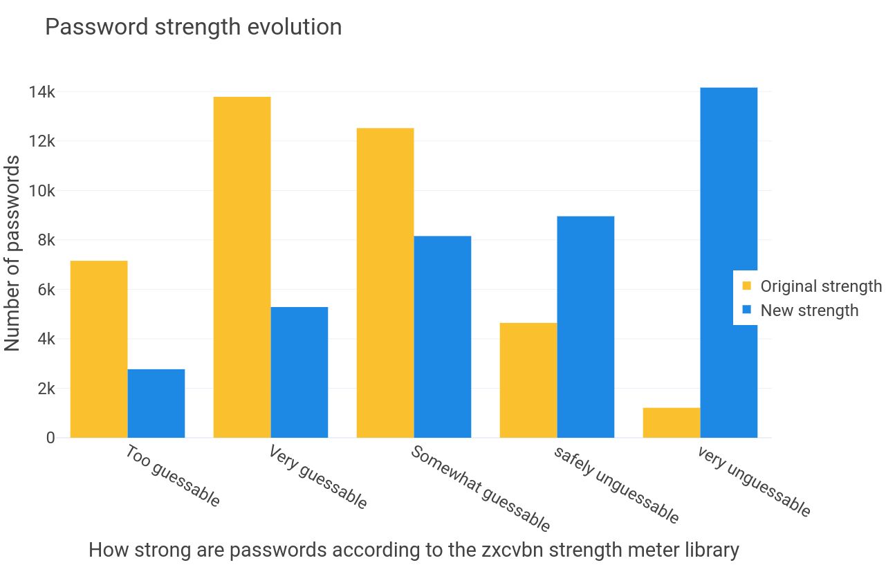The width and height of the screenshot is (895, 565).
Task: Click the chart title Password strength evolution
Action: point(193,27)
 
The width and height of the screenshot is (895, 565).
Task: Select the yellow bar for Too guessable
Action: point(99,349)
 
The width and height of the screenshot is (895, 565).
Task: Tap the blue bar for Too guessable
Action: point(156,403)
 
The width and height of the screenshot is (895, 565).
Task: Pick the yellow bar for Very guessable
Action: point(242,267)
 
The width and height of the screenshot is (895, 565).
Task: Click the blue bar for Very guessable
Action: point(299,372)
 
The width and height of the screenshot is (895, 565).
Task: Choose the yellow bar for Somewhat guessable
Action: point(385,283)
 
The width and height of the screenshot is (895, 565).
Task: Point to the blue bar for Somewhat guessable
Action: point(443,337)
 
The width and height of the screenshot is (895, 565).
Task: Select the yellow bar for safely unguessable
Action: point(528,380)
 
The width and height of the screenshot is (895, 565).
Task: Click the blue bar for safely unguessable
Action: point(586,327)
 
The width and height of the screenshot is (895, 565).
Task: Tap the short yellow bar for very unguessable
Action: point(672,423)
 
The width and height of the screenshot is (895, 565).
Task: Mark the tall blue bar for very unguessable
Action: point(729,263)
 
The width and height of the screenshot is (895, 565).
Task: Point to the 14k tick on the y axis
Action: point(41,92)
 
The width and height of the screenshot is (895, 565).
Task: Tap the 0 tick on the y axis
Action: point(50,438)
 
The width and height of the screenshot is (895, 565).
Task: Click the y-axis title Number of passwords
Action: point(13,254)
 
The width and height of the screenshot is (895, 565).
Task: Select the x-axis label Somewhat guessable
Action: point(481,488)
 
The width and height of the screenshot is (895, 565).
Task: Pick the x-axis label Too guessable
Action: point(173,476)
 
